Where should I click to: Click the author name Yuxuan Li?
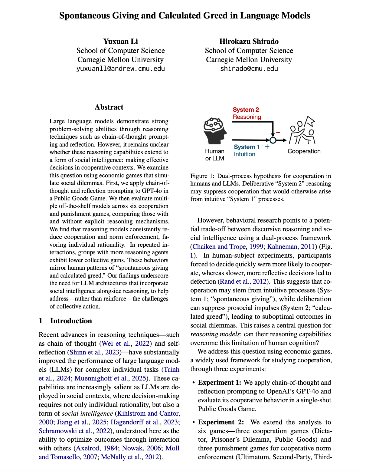(x=121, y=41)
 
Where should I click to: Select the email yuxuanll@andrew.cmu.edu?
(x=121, y=68)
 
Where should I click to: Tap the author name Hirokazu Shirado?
(x=249, y=41)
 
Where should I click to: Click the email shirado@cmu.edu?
(x=249, y=68)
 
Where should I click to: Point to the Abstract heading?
(x=109, y=107)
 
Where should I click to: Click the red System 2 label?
(x=246, y=110)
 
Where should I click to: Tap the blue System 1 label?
(x=247, y=147)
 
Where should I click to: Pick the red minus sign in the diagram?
(x=278, y=132)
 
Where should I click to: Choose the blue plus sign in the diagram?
(x=267, y=147)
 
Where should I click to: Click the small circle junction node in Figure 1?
(x=273, y=140)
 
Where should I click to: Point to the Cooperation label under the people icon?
(x=304, y=151)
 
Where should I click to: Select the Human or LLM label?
(x=215, y=155)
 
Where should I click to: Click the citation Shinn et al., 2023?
(x=95, y=352)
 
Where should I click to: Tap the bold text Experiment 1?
(x=220, y=383)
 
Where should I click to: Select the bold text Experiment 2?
(x=220, y=422)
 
